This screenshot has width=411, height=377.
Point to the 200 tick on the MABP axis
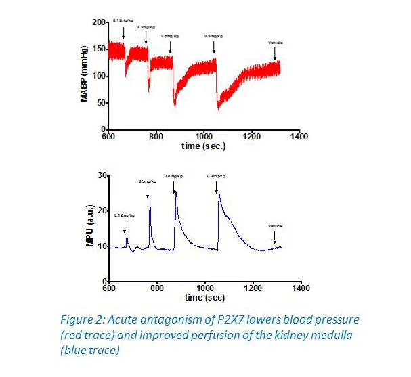100,23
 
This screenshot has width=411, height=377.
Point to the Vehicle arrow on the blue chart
275,238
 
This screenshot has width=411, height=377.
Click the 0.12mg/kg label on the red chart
123,22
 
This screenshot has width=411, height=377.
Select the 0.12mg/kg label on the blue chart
124,216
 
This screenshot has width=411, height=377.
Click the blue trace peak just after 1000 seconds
218,194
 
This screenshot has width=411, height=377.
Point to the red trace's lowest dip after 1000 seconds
218,108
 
